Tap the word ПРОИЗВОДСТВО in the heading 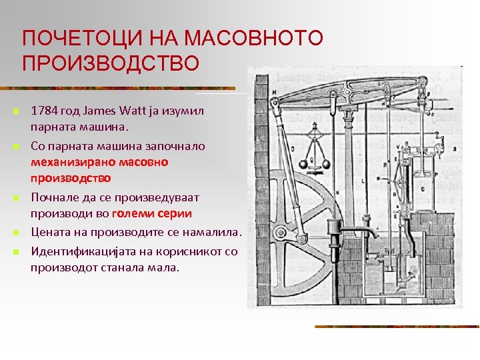coord(110,64)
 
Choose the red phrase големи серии coord(152,214)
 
